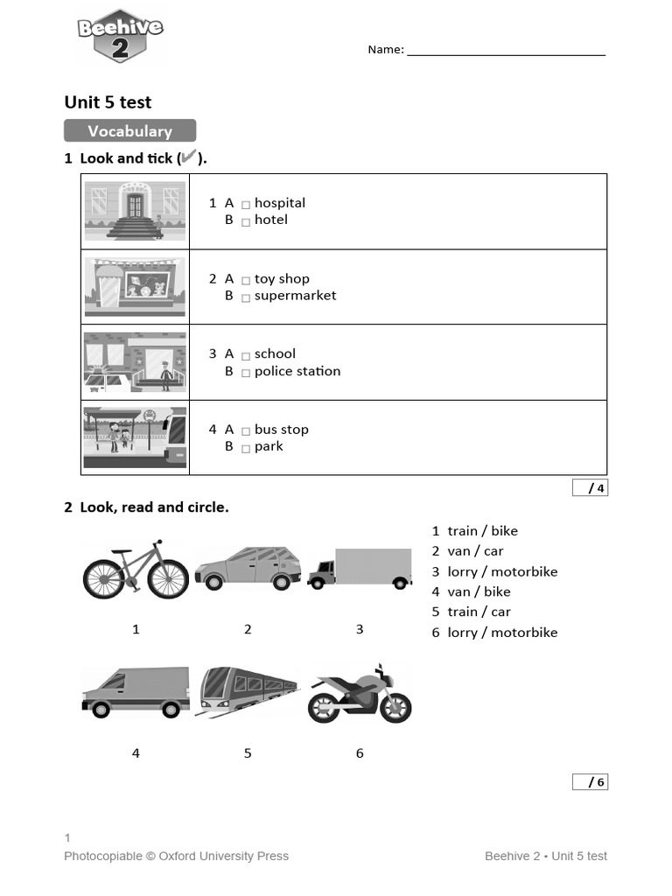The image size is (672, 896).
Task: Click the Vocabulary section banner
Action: coord(129,131)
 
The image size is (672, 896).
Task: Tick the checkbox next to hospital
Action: coord(246,205)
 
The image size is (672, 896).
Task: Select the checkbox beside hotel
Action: coord(246,221)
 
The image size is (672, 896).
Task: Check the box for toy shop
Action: coord(246,281)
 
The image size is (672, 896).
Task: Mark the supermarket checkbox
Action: coord(246,297)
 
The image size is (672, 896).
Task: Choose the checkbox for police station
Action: coord(246,373)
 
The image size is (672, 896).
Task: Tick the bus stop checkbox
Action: coord(246,431)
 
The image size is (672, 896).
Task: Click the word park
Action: coord(269,446)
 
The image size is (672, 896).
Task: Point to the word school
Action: coord(275,353)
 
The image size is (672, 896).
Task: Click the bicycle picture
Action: coord(136,570)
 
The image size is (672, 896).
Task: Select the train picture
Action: coord(248,691)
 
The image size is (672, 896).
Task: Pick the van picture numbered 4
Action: coord(136,692)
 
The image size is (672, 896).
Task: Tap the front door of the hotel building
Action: coord(134,206)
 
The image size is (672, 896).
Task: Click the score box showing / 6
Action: coord(591,781)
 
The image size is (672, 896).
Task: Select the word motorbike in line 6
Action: coord(524,632)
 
